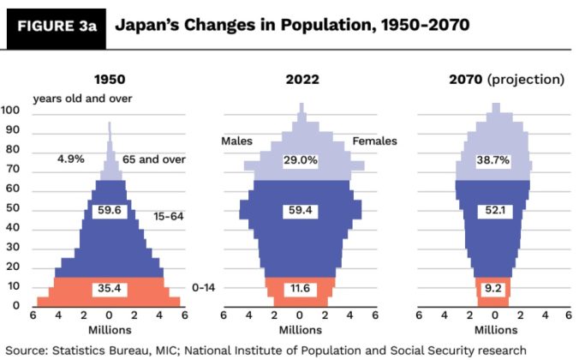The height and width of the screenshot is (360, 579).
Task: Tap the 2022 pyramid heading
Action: [302, 80]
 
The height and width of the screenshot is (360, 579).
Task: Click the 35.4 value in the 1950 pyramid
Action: [109, 289]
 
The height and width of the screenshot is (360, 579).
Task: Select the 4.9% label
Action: [70, 159]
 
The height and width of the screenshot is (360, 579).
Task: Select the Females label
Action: [375, 141]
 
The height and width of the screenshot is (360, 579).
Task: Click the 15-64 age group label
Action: [169, 216]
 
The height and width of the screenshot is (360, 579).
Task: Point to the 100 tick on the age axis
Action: [12, 110]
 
